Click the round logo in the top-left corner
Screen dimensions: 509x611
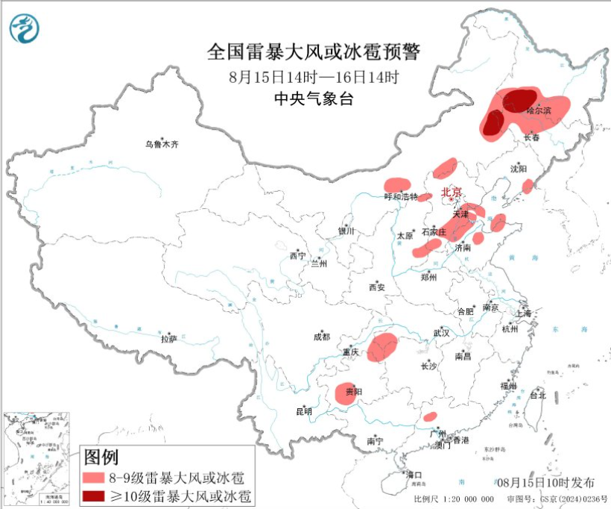click(x=24, y=28)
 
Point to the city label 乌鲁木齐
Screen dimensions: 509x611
click(x=162, y=143)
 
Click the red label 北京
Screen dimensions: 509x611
click(x=452, y=192)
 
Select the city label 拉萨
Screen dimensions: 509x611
click(x=168, y=338)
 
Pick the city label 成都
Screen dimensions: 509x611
click(x=321, y=337)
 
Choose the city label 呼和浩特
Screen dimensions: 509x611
click(x=401, y=197)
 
